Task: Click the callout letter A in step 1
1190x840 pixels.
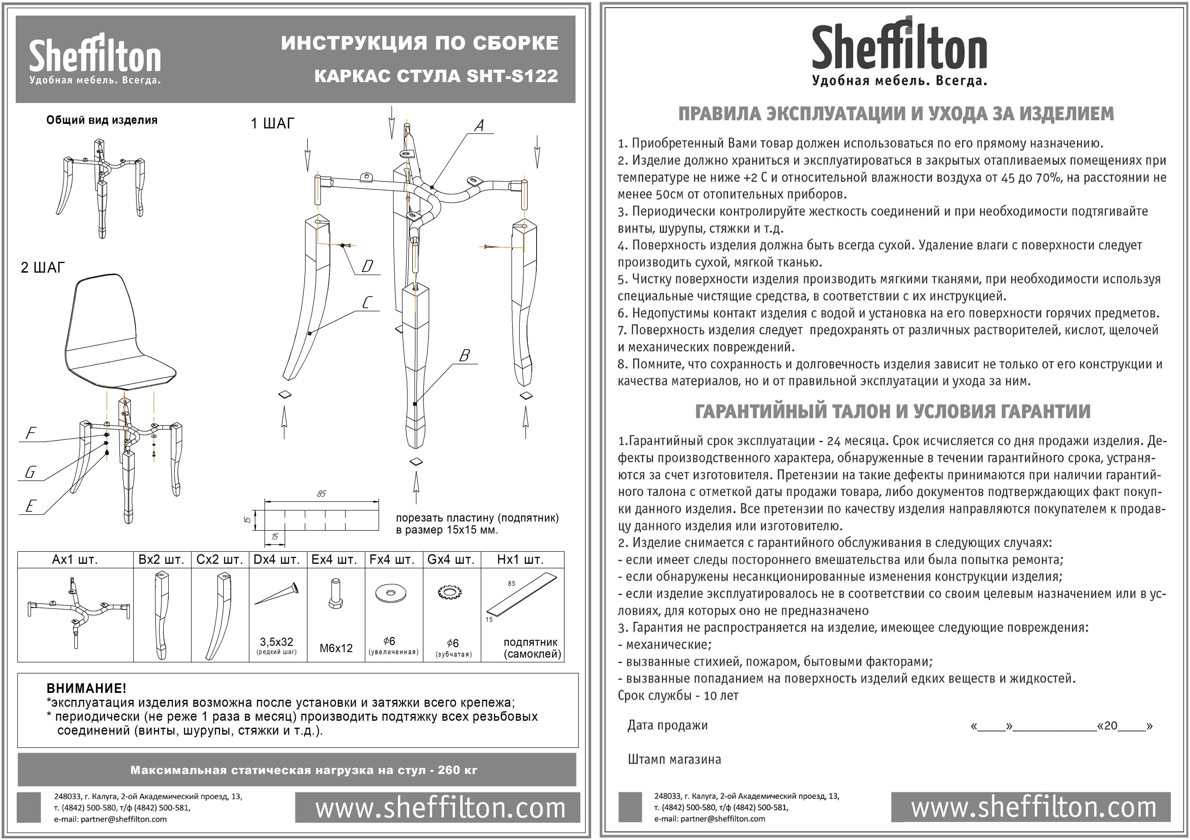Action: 479,126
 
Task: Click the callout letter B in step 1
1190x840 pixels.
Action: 464,355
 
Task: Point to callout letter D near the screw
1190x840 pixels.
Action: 367,266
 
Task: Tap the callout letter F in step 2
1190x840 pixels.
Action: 31,433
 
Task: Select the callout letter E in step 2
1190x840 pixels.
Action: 30,506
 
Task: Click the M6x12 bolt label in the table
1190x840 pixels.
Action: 336,648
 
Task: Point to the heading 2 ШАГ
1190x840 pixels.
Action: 42,267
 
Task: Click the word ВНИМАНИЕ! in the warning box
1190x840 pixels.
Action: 86,689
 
